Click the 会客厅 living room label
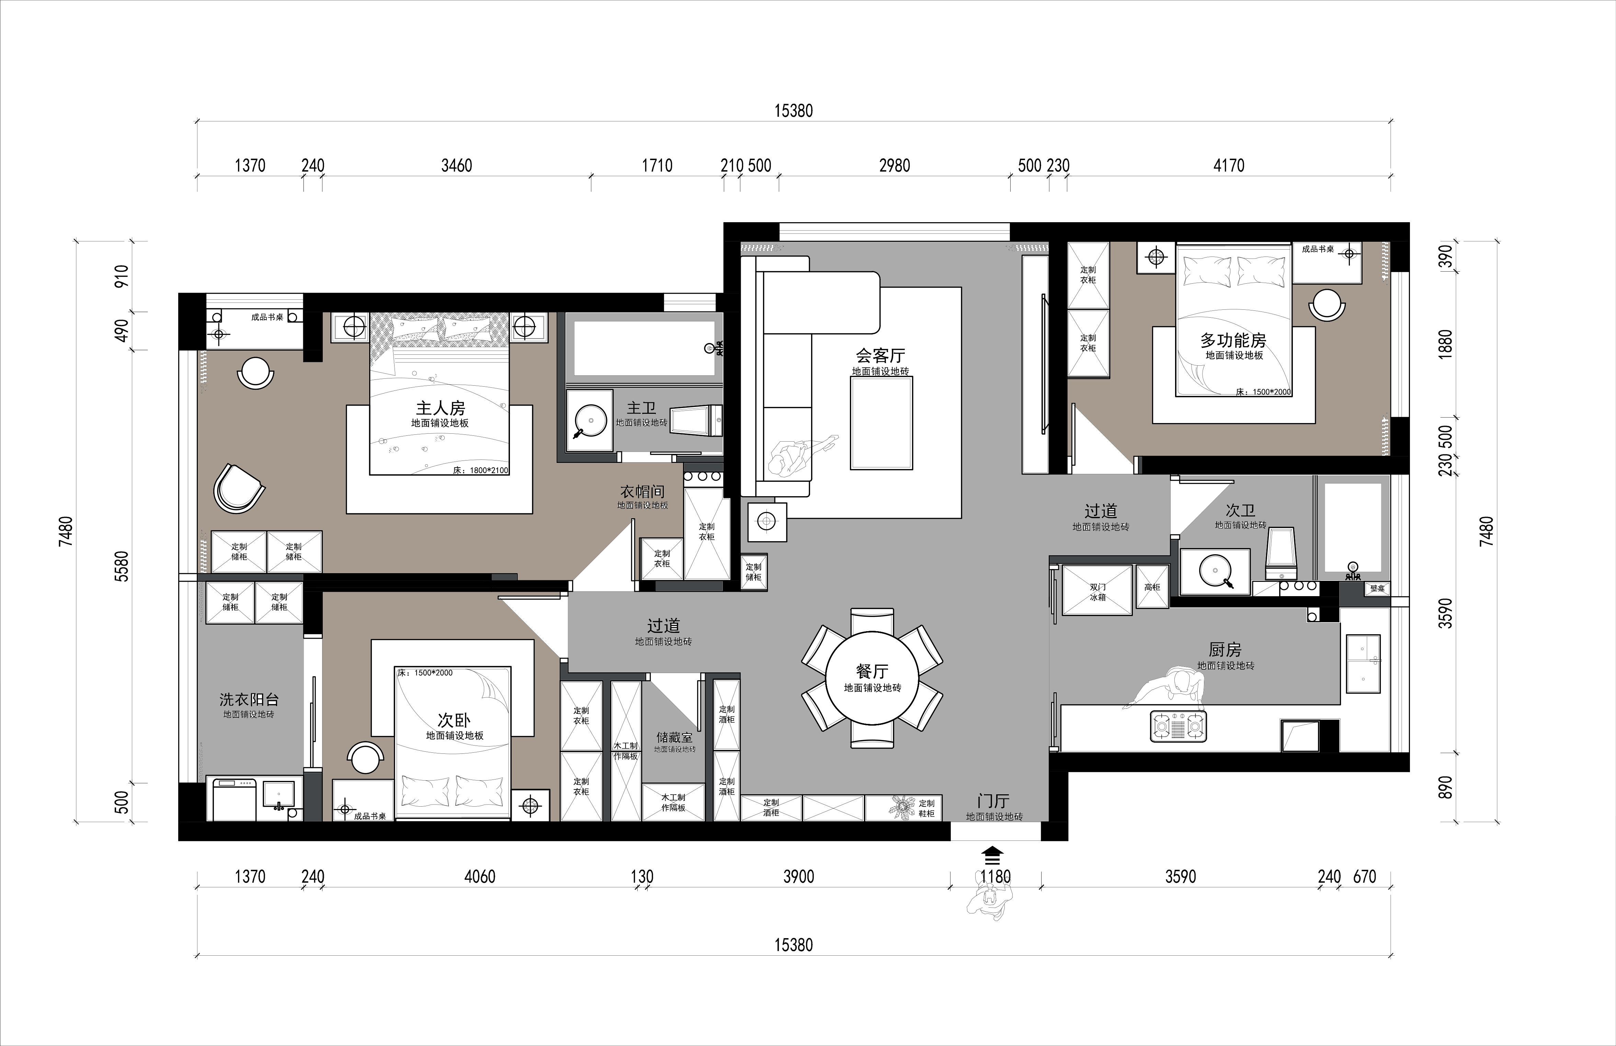[880, 355]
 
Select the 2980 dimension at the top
[894, 165]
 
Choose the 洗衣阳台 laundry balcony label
[249, 699]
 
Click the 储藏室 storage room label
[674, 737]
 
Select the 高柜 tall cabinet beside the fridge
[1152, 587]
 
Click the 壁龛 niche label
[1377, 588]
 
